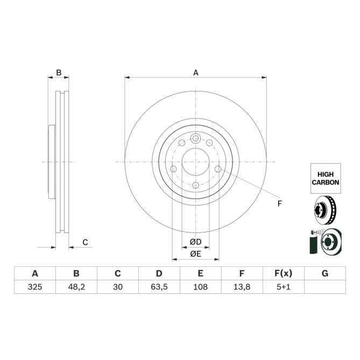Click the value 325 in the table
click(x=35, y=287)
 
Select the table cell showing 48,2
click(x=76, y=287)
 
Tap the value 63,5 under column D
click(x=159, y=287)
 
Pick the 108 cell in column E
click(x=200, y=287)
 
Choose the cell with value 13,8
click(x=242, y=287)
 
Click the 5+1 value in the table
click(x=283, y=287)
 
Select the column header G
click(x=324, y=273)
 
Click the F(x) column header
click(x=283, y=273)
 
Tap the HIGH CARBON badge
click(x=326, y=178)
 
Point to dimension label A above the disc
click(x=196, y=73)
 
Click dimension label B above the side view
click(x=59, y=73)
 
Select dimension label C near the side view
click(x=85, y=243)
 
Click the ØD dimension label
click(x=195, y=242)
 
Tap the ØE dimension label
click(x=195, y=253)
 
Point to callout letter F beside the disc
click(x=279, y=203)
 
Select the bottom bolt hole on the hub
click(x=195, y=186)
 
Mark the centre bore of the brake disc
click(x=195, y=162)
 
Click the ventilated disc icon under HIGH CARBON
click(x=325, y=210)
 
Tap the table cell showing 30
click(x=118, y=287)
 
